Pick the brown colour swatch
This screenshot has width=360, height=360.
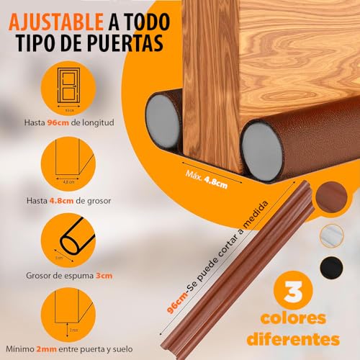point(333,195)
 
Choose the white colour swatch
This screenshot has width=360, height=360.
point(333,230)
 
